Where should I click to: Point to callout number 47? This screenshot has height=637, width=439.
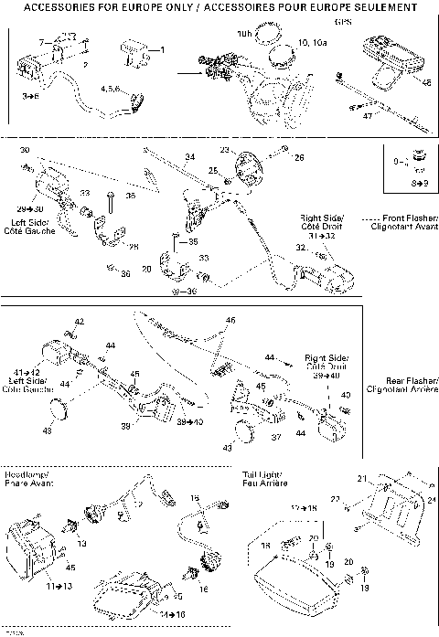click(x=368, y=117)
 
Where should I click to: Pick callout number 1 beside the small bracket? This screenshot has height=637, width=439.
click(x=162, y=48)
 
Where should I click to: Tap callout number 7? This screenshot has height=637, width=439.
click(x=40, y=43)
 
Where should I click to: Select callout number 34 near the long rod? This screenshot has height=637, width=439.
click(x=189, y=157)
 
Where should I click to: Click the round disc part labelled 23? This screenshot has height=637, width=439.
click(x=247, y=170)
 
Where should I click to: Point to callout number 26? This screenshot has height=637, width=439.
click(x=297, y=157)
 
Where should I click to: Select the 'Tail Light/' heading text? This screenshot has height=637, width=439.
click(x=262, y=475)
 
